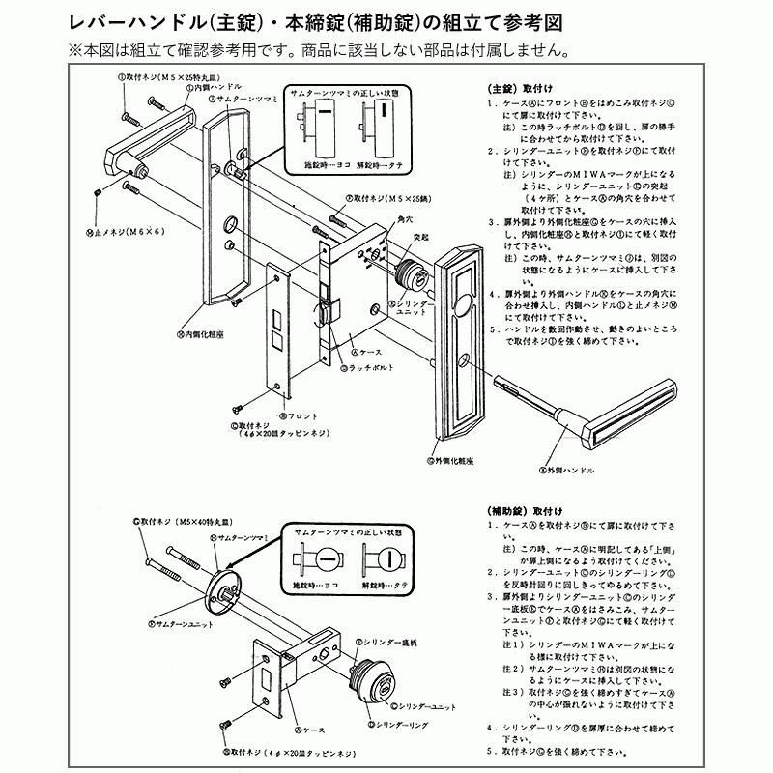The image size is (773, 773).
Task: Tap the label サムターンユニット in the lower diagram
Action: tap(186, 625)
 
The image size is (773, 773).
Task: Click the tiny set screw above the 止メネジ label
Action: tap(98, 193)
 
